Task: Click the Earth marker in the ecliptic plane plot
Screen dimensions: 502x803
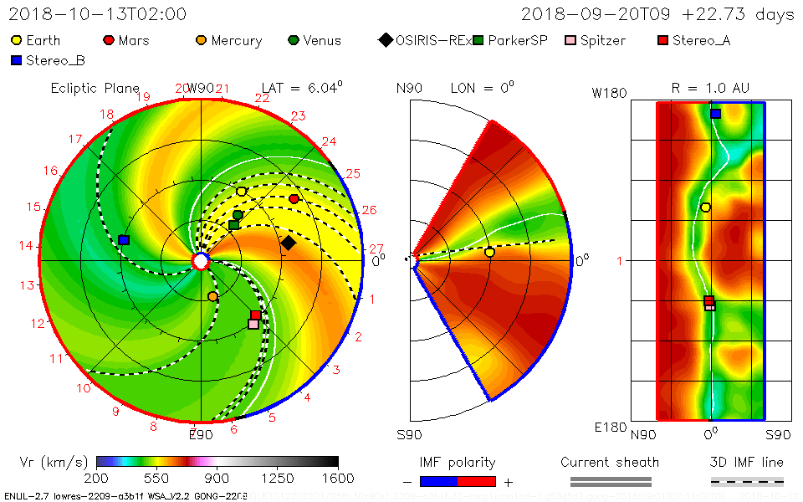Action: [x=242, y=192]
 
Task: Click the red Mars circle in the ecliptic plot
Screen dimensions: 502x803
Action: [x=294, y=198]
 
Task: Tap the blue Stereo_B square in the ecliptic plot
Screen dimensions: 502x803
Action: [x=124, y=240]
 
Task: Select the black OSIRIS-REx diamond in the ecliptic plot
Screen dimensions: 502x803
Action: [x=288, y=243]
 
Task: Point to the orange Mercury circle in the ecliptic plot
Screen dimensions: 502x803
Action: [x=212, y=296]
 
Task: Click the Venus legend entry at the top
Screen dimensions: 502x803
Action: [x=315, y=40]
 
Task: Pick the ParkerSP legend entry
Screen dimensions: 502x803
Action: [x=509, y=40]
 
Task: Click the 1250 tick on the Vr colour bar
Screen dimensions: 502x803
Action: [x=278, y=478]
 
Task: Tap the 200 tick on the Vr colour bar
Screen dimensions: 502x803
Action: [x=97, y=478]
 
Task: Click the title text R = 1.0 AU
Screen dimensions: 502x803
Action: [x=710, y=88]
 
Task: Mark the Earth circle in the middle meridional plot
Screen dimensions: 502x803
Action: [x=489, y=252]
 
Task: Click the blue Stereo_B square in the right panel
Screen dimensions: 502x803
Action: [x=715, y=114]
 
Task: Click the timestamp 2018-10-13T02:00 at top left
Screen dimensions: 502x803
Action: [x=97, y=14]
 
